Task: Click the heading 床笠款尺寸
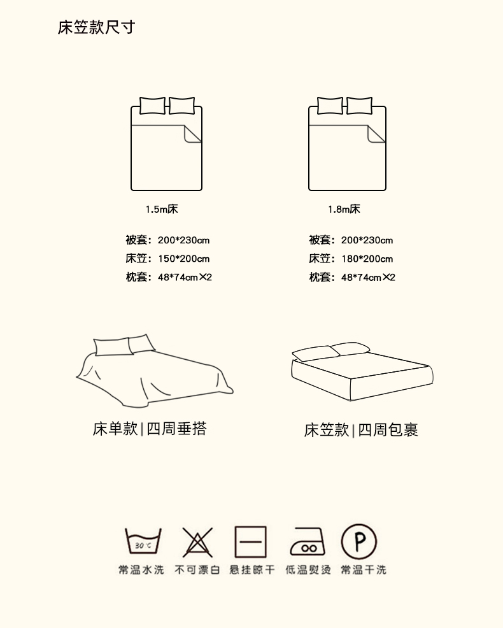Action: coord(96,27)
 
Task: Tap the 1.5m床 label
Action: coord(162,209)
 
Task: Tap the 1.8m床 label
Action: coord(344,209)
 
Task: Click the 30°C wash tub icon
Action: coord(143,541)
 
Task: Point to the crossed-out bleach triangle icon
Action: coord(197,542)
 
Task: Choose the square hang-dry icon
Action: coord(251,542)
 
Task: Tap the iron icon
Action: coord(308,541)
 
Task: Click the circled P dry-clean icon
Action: coord(359,541)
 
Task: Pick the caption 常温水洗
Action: coord(141,569)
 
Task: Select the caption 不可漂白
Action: coord(197,569)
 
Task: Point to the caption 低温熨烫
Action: coord(308,569)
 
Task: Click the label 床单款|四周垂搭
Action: coord(150,429)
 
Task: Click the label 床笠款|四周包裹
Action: coord(361,430)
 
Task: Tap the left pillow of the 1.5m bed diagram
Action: coord(152,106)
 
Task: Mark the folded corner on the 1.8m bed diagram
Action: coord(376,134)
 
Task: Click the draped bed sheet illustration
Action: coord(154,371)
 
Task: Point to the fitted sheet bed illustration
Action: coord(362,371)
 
